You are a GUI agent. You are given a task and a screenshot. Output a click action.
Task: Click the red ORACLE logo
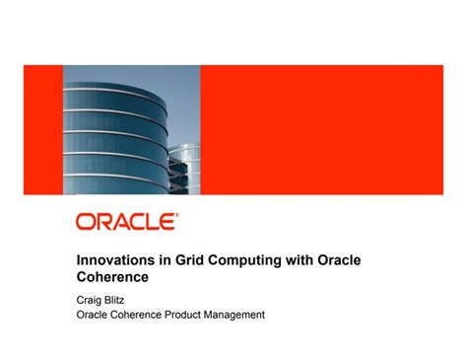(125, 222)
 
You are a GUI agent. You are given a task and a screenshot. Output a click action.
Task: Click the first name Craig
(92, 298)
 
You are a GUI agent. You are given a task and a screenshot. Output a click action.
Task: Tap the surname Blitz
(124, 298)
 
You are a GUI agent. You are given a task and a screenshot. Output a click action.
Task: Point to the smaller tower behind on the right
(184, 168)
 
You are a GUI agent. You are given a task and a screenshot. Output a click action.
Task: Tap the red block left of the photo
(42, 129)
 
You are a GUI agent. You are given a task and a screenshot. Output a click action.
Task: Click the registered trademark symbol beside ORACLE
(176, 214)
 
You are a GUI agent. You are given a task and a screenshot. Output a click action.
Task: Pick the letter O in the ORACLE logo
(86, 222)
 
